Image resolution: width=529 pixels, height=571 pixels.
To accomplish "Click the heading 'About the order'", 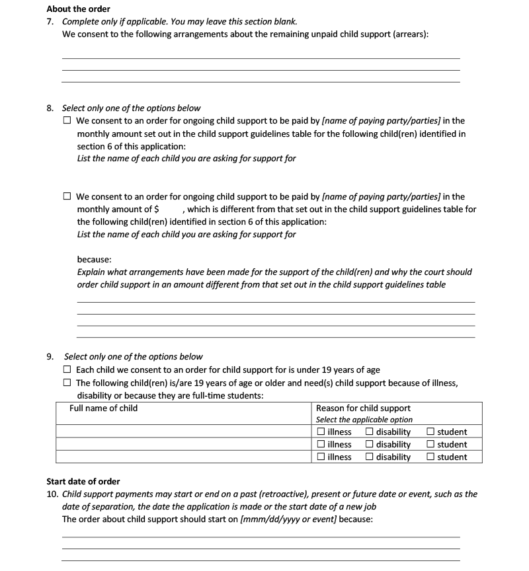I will pyautogui.click(x=78, y=9).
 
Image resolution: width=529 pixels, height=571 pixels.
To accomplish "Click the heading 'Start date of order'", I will pyautogui.click(x=83, y=481).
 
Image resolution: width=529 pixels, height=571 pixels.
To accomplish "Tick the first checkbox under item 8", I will pyautogui.click(x=67, y=121).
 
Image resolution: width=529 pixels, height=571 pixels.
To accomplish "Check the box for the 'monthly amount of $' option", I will pyautogui.click(x=67, y=196).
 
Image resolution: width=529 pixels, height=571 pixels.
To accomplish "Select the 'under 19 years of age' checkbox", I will pyautogui.click(x=67, y=370).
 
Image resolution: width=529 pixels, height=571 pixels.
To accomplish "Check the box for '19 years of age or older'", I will pyautogui.click(x=67, y=383).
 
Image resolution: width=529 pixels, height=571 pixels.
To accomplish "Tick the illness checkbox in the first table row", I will pyautogui.click(x=321, y=432).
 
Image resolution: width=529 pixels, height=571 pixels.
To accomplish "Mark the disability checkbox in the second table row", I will pyautogui.click(x=370, y=445).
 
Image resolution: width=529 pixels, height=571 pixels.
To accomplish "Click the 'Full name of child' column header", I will pyautogui.click(x=104, y=408).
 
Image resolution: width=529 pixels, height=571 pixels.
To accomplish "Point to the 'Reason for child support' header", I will pyautogui.click(x=363, y=408).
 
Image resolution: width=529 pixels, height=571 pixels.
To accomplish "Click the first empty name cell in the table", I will pyautogui.click(x=183, y=432).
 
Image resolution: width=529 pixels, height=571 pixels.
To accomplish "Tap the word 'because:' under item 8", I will pyautogui.click(x=94, y=259).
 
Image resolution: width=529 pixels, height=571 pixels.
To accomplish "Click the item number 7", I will pyautogui.click(x=50, y=22).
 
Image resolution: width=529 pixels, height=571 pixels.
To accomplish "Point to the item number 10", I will pyautogui.click(x=52, y=494).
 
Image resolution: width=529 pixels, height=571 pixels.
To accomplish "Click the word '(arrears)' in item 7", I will pyautogui.click(x=408, y=34).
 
